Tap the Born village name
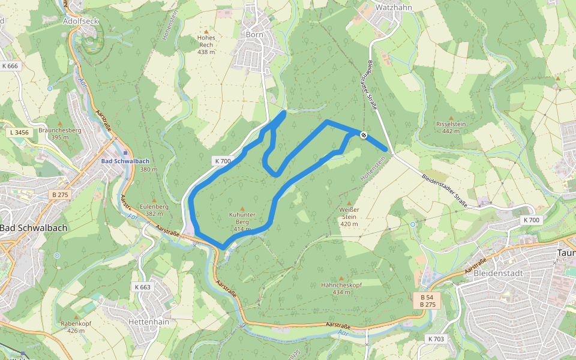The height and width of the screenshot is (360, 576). click(254, 34)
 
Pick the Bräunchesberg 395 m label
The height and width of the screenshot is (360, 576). click(59, 133)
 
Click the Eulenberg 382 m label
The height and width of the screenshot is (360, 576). click(154, 209)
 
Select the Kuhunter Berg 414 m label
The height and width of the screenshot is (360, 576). click(242, 221)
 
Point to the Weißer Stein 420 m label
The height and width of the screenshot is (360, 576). click(349, 217)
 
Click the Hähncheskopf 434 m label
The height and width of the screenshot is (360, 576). click(341, 288)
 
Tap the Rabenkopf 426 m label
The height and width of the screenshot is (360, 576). click(76, 326)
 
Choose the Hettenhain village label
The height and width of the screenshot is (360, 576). click(149, 322)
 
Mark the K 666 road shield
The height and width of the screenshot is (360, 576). click(10, 66)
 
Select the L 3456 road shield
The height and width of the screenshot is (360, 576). click(20, 132)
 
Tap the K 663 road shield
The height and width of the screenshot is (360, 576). click(143, 287)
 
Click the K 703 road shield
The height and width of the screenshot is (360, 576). click(436, 340)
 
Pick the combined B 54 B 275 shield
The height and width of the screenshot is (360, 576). click(427, 301)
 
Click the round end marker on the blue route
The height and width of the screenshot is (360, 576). click(364, 135)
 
